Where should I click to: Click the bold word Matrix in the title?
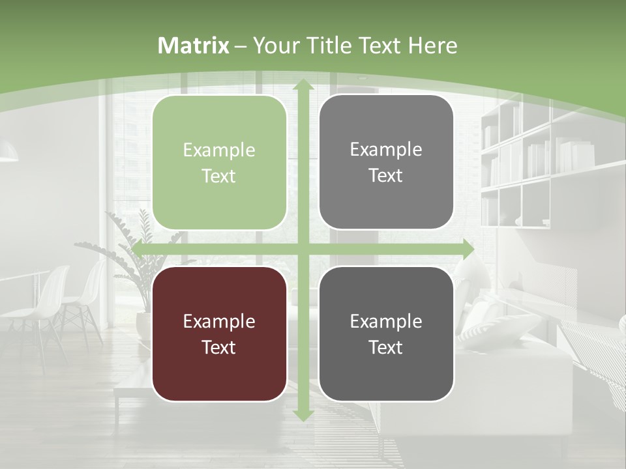click(194, 46)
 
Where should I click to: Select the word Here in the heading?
click(432, 46)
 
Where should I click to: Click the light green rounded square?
click(219, 163)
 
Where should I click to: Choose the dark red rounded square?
click(219, 334)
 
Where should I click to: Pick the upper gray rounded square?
click(386, 162)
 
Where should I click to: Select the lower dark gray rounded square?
click(386, 334)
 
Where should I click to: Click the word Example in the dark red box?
click(219, 321)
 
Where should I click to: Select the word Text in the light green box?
click(219, 176)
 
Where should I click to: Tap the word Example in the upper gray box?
click(386, 149)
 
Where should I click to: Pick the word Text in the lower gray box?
click(386, 347)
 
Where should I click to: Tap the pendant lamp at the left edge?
click(8, 153)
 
